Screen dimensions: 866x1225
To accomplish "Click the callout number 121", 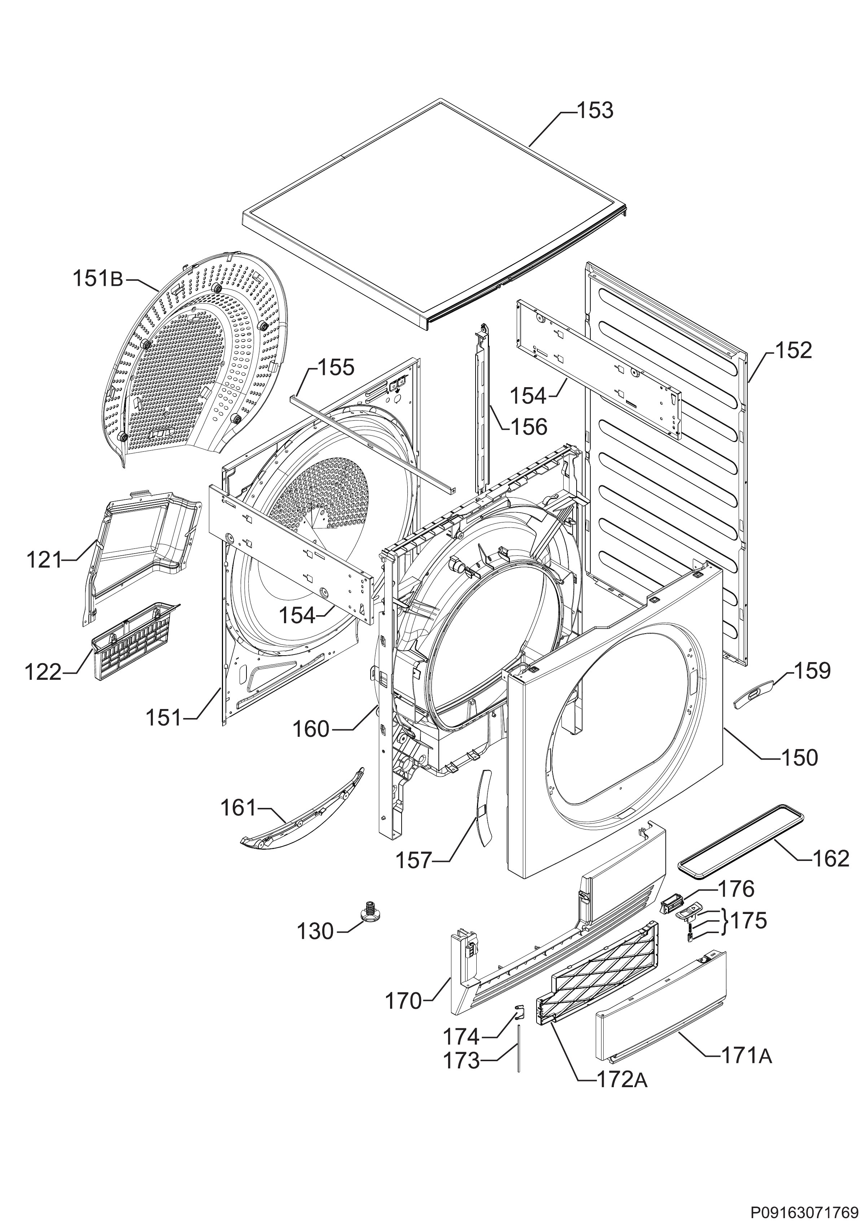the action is click(x=44, y=560).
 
